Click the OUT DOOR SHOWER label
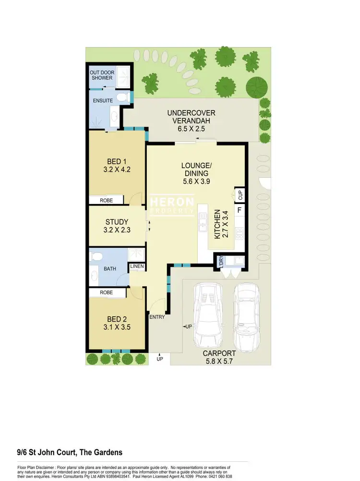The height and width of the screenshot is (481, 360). (x=101, y=75)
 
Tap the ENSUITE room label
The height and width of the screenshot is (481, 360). (x=103, y=101)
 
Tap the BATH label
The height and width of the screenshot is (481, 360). (x=110, y=268)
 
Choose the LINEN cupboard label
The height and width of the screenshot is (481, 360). (x=137, y=267)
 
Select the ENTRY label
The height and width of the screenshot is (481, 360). (x=157, y=317)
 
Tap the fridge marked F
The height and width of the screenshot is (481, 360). (x=239, y=210)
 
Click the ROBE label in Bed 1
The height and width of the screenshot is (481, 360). (x=106, y=200)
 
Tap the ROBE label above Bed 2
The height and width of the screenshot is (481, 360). (x=106, y=292)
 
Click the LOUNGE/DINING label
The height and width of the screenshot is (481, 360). (x=195, y=173)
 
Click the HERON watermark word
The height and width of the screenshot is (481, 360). (x=173, y=202)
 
